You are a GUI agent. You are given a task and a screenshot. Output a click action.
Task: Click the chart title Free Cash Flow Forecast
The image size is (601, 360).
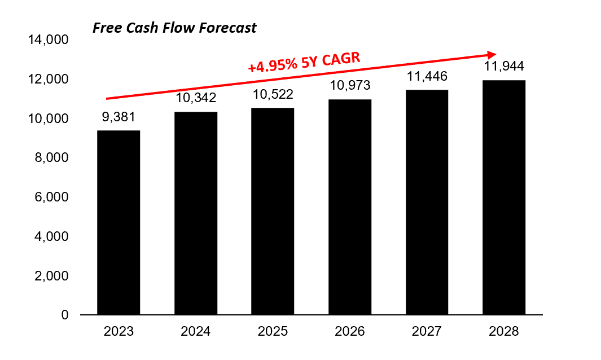174,28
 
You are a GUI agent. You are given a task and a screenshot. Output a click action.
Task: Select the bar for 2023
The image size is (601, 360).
119,222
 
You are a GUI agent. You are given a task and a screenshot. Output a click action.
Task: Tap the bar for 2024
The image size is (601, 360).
196,213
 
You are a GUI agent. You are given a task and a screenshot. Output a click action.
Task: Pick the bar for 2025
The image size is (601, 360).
273,211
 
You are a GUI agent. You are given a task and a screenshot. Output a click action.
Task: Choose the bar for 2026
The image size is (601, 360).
350,207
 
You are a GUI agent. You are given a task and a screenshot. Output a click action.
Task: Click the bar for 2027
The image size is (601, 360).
427,202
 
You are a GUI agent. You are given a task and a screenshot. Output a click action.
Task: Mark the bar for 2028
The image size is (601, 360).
504,197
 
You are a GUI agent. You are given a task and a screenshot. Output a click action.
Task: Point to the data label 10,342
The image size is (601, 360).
196,98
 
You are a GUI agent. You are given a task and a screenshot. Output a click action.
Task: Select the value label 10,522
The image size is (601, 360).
273,94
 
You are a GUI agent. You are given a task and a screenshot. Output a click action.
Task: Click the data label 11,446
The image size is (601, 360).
427,76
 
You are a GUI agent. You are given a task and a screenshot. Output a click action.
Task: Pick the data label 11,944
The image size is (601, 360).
504,67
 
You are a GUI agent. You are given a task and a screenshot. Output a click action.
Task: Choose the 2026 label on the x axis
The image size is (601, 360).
350,331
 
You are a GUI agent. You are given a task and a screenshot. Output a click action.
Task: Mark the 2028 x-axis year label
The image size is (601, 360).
504,331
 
